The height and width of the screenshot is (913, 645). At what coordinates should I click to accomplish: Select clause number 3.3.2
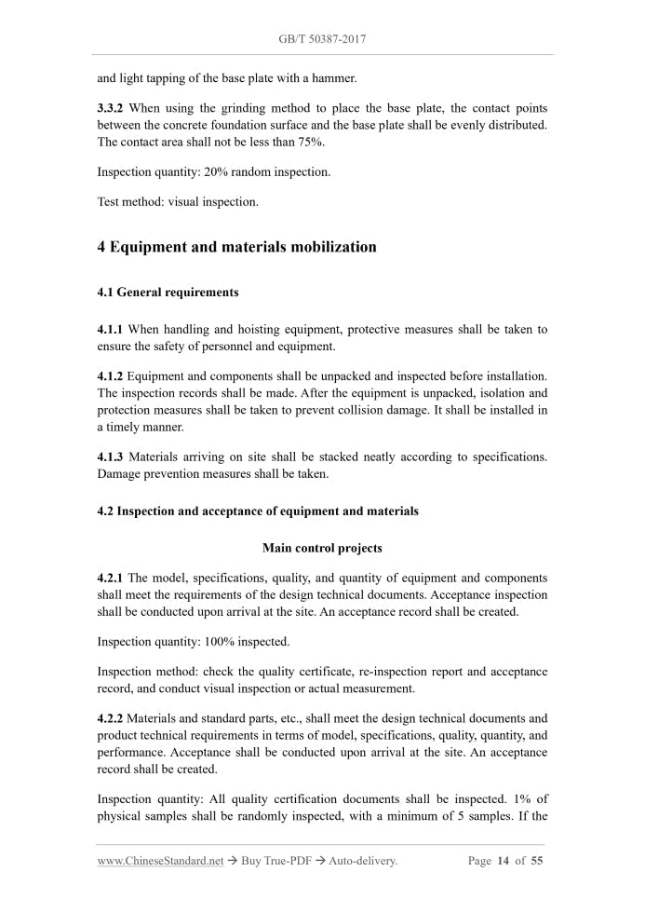[112, 109]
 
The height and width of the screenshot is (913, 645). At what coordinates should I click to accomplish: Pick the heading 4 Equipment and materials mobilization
[236, 247]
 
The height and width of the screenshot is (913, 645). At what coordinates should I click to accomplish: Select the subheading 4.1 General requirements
[168, 293]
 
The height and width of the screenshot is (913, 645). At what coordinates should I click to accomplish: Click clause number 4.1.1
[110, 330]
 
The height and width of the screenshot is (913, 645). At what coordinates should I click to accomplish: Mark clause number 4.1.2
[110, 376]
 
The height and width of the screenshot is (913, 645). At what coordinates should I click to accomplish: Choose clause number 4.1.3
[110, 456]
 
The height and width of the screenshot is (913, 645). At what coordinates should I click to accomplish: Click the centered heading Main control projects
[322, 548]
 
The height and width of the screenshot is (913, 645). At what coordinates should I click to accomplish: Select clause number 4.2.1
[110, 578]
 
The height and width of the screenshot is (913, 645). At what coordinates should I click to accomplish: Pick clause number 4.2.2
[110, 718]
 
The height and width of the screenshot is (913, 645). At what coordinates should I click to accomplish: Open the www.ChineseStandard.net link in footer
[160, 861]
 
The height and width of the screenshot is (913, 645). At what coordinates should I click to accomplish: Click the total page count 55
[537, 861]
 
